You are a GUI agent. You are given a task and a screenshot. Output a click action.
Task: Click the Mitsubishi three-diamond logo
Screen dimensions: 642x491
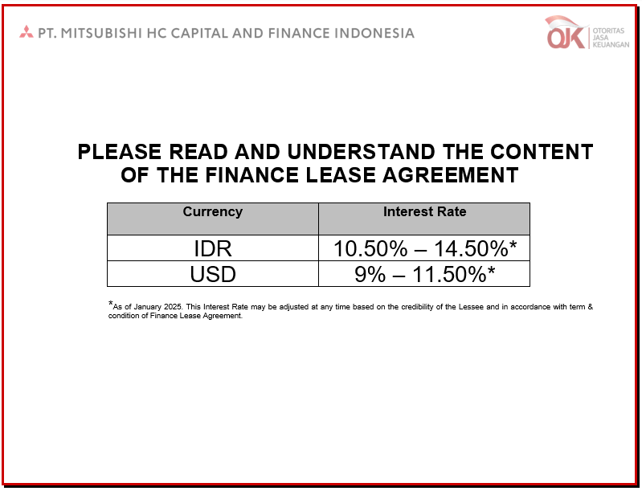(x=27, y=32)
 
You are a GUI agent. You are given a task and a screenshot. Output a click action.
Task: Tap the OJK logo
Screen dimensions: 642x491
(x=587, y=32)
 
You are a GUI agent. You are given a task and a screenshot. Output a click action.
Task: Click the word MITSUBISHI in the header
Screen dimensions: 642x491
(x=101, y=33)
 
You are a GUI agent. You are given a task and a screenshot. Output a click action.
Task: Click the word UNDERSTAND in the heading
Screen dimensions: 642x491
(x=361, y=152)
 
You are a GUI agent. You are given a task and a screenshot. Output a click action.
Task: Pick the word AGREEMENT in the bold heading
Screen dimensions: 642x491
(x=451, y=175)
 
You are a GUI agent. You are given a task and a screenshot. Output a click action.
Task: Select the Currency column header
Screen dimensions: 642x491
(x=212, y=211)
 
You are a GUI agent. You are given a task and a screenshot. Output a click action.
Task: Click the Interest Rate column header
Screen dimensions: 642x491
(x=424, y=211)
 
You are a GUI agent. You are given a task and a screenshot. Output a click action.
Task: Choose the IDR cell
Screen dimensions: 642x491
(x=212, y=248)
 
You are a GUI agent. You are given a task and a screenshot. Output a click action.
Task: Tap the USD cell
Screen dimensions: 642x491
(x=213, y=274)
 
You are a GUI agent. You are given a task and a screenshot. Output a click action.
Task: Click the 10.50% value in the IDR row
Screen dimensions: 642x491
(x=370, y=248)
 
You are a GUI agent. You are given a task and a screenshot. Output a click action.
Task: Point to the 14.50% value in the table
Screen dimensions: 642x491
(x=471, y=248)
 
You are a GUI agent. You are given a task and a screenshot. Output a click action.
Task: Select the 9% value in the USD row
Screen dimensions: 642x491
(x=370, y=274)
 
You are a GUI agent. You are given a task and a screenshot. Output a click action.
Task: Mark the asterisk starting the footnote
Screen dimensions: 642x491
(x=110, y=304)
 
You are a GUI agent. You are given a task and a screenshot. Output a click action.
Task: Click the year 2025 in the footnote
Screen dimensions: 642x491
(x=173, y=307)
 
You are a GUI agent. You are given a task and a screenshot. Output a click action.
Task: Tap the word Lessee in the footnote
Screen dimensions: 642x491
(x=471, y=307)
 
